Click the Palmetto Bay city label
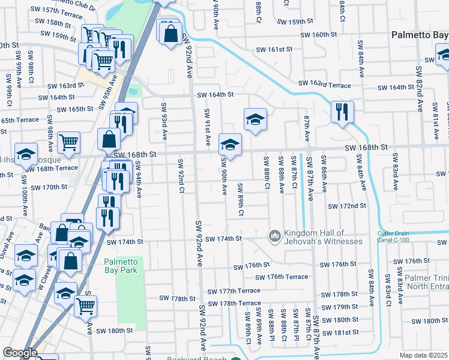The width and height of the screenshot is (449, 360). (420, 35)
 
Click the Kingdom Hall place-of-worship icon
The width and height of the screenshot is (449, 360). (275, 236)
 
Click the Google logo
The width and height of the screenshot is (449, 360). (20, 353)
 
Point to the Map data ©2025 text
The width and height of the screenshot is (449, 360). (423, 355)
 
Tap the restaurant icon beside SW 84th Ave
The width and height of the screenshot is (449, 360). (342, 111)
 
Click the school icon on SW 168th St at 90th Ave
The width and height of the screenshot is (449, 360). (229, 144)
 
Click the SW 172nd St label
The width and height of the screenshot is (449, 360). (346, 206)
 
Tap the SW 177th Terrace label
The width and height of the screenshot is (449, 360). (234, 291)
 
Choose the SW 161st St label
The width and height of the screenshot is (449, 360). (274, 49)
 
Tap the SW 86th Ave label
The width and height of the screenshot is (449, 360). (324, 174)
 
